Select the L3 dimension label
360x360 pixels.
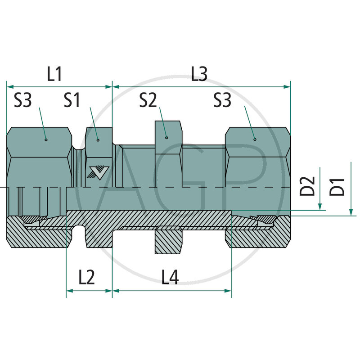tap(198, 74)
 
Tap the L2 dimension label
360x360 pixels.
tap(86, 278)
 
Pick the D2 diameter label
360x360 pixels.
tap(307, 187)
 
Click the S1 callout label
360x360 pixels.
tap(72, 100)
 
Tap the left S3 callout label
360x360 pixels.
tap(23, 100)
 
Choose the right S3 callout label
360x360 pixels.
tap(222, 100)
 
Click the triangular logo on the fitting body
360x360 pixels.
tap(99, 173)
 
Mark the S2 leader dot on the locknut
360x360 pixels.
tap(166, 138)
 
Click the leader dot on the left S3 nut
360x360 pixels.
tap(46, 139)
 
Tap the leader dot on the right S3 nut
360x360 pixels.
tap(255, 139)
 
